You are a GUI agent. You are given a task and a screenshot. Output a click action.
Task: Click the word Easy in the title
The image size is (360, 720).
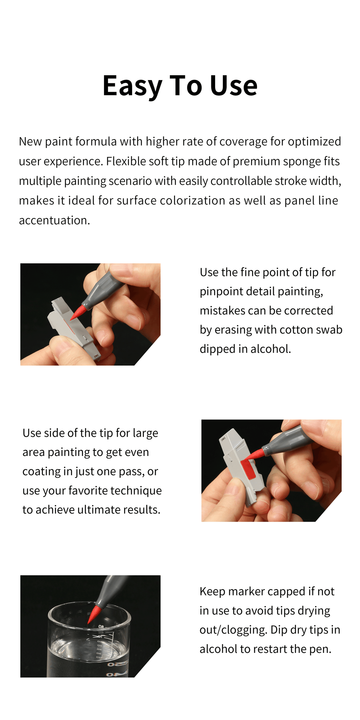[x=132, y=86]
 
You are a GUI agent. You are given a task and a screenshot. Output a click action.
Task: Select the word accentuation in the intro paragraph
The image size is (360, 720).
[x=54, y=220]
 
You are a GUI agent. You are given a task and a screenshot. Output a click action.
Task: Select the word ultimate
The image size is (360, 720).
[x=98, y=509]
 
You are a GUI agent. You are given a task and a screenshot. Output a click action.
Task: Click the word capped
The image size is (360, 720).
[x=288, y=592]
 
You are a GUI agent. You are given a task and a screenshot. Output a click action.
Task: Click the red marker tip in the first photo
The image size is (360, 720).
[x=78, y=312]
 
